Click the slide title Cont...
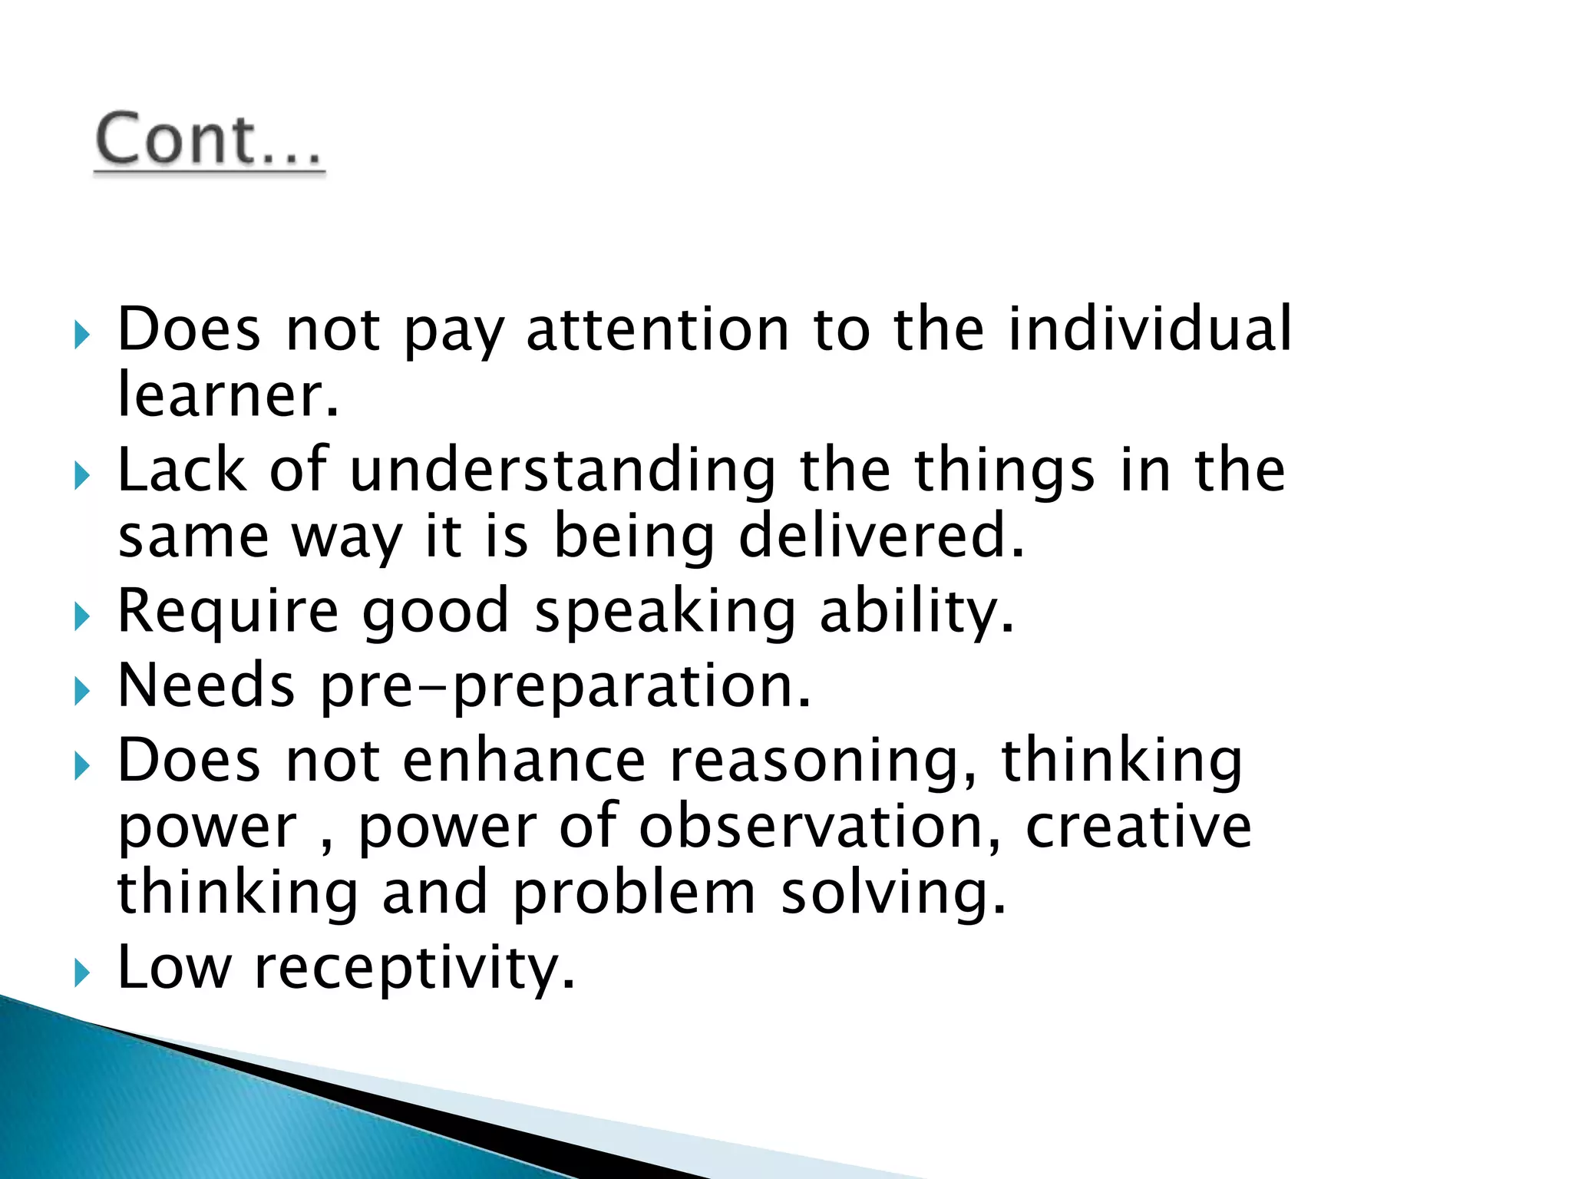pos(209,140)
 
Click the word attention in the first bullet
pos(658,330)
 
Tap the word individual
pos(1150,330)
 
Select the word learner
pos(227,396)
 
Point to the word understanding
pos(563,471)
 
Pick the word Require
pos(227,612)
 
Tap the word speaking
pos(665,612)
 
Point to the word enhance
pos(524,761)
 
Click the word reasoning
pos(824,761)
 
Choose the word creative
pos(1138,827)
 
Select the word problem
pos(634,893)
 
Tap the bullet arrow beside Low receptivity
pos(82,973)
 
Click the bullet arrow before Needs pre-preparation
pos(82,692)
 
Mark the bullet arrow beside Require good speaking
pos(82,616)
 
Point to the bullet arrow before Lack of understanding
pos(82,476)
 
